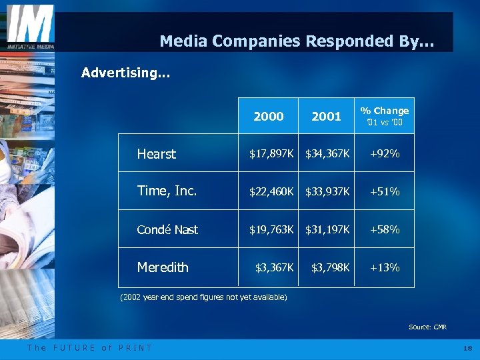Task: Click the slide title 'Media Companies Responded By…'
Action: point(297,41)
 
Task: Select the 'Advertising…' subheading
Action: point(125,73)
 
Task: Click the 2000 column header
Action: point(269,116)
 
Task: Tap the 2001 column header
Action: point(326,116)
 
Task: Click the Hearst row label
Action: point(156,154)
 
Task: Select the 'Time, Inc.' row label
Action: point(167,191)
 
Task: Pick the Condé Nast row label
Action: point(167,230)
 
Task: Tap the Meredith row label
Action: point(163,267)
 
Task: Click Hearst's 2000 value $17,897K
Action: point(271,154)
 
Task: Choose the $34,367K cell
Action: point(327,154)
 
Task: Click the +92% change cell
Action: point(384,154)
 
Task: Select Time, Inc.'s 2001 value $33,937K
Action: point(327,192)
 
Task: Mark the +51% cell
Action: point(384,192)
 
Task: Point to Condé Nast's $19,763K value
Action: point(271,230)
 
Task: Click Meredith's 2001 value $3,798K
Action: point(330,268)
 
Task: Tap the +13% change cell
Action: point(384,268)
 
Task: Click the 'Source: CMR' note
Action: point(427,327)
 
